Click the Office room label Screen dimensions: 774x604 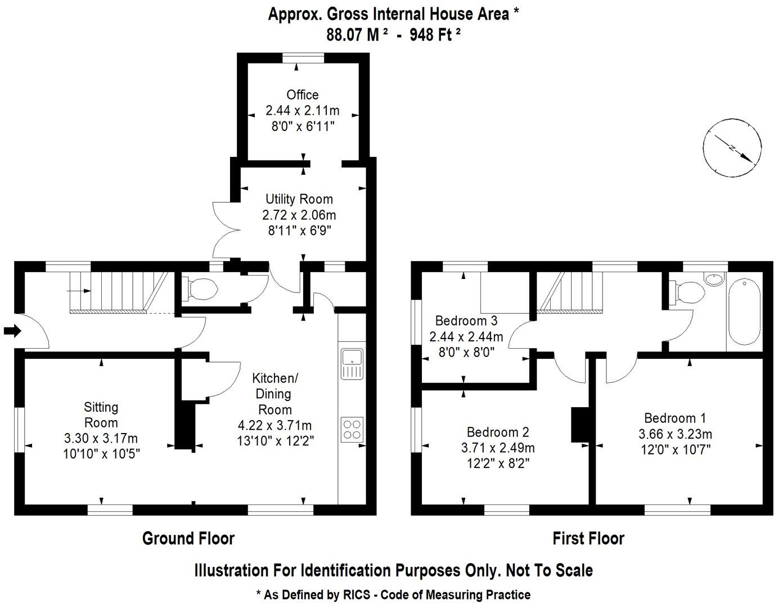coord(302,95)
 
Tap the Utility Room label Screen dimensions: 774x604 coord(299,199)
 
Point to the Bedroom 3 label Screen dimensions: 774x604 coord(466,321)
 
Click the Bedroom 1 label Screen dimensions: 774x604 coord(674,418)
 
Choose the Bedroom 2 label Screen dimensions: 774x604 coord(497,432)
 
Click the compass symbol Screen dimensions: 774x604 coord(732,148)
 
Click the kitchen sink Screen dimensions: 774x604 coord(352,363)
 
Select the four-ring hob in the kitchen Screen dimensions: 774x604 coord(352,429)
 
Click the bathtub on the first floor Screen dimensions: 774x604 coord(744,311)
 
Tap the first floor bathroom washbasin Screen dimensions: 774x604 coord(714,279)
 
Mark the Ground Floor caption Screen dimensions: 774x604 coord(188,538)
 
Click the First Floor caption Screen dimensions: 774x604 coord(588,538)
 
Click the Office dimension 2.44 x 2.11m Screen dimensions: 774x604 coord(302,111)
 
